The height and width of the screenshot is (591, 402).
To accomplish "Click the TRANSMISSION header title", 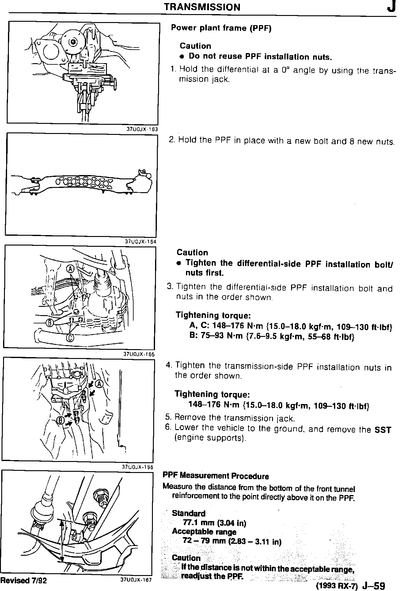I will pos(202,7).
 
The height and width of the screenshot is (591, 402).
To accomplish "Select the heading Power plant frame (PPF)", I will pos(221,28).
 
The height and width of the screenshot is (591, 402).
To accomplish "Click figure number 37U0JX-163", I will pos(142,129).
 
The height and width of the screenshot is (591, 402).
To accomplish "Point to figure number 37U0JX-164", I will pos(141,242).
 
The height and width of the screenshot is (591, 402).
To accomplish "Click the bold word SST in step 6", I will pos(383,430).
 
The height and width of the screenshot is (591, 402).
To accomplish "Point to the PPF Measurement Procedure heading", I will pos(216,476).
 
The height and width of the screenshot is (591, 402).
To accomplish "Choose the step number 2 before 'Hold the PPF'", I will pos(172,140).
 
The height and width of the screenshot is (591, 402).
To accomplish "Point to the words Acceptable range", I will pos(204,532).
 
